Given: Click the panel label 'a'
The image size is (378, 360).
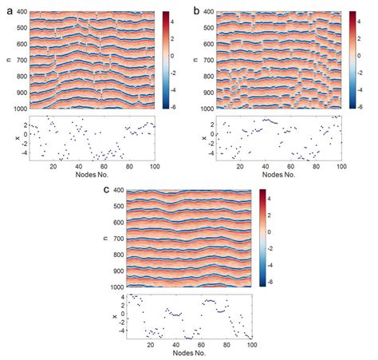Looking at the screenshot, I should (6, 7).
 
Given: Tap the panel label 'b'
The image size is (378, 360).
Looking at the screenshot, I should (196, 7).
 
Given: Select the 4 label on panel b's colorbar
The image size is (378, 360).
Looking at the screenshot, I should (363, 26).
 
